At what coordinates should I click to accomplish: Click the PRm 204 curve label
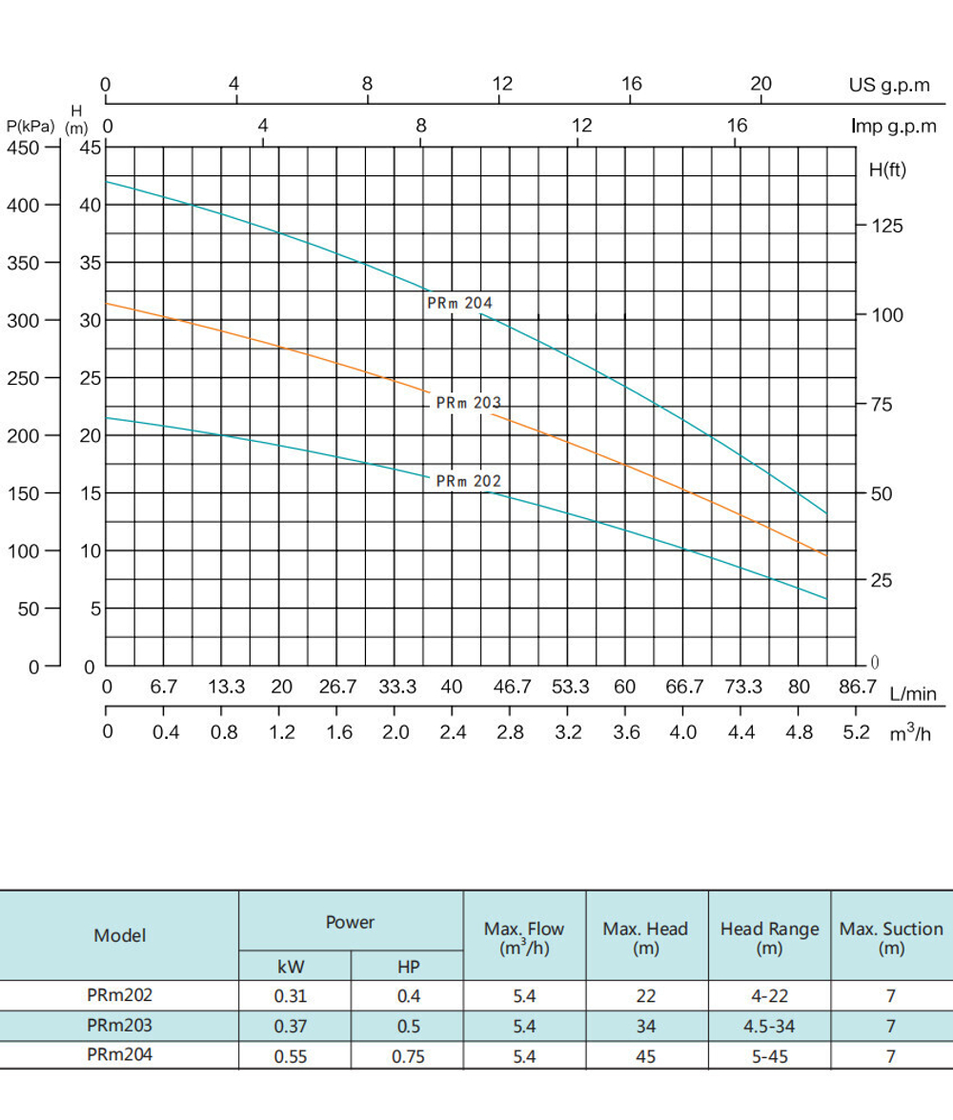(x=460, y=303)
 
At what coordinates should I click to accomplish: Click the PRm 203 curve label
(x=468, y=403)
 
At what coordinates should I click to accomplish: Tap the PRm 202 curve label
(x=468, y=481)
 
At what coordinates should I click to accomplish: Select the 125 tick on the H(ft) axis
(x=885, y=227)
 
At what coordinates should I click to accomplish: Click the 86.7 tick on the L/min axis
(x=857, y=687)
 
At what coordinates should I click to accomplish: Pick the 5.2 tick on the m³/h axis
(x=857, y=732)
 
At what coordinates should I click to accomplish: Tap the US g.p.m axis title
(x=889, y=85)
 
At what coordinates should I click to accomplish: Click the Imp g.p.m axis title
(x=894, y=126)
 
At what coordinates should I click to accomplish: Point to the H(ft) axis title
(x=888, y=170)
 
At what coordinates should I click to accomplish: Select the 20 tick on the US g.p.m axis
(x=760, y=84)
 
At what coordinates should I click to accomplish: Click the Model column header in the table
(x=120, y=935)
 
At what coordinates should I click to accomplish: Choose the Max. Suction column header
(x=891, y=937)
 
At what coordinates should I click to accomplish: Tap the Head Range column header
(x=769, y=937)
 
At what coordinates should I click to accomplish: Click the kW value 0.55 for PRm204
(x=290, y=1056)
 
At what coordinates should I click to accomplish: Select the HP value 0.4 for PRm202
(x=408, y=996)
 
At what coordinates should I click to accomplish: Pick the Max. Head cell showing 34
(x=645, y=1027)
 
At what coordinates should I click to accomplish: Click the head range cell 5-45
(x=769, y=1056)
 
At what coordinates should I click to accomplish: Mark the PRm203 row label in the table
(x=119, y=1026)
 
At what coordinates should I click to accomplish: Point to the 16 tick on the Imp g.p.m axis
(x=737, y=126)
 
